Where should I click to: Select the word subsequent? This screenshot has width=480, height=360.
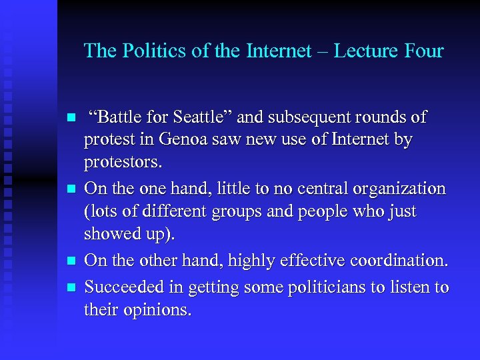(313, 117)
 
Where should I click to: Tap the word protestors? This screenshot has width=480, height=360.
(123, 163)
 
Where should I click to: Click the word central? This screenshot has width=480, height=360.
(312, 189)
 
